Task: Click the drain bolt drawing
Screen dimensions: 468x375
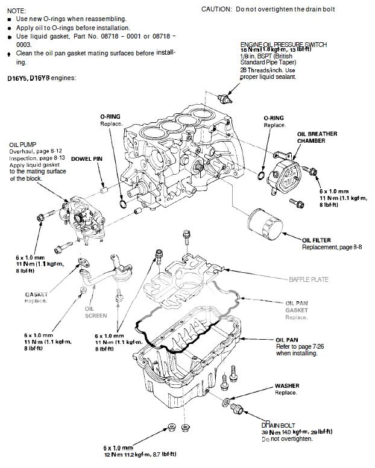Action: coord(238,410)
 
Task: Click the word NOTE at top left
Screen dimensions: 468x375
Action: coord(13,11)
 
